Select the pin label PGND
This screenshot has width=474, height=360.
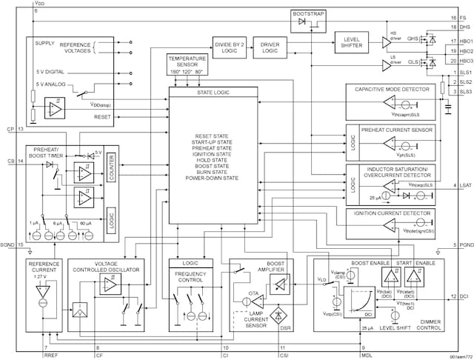[x=464, y=245]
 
